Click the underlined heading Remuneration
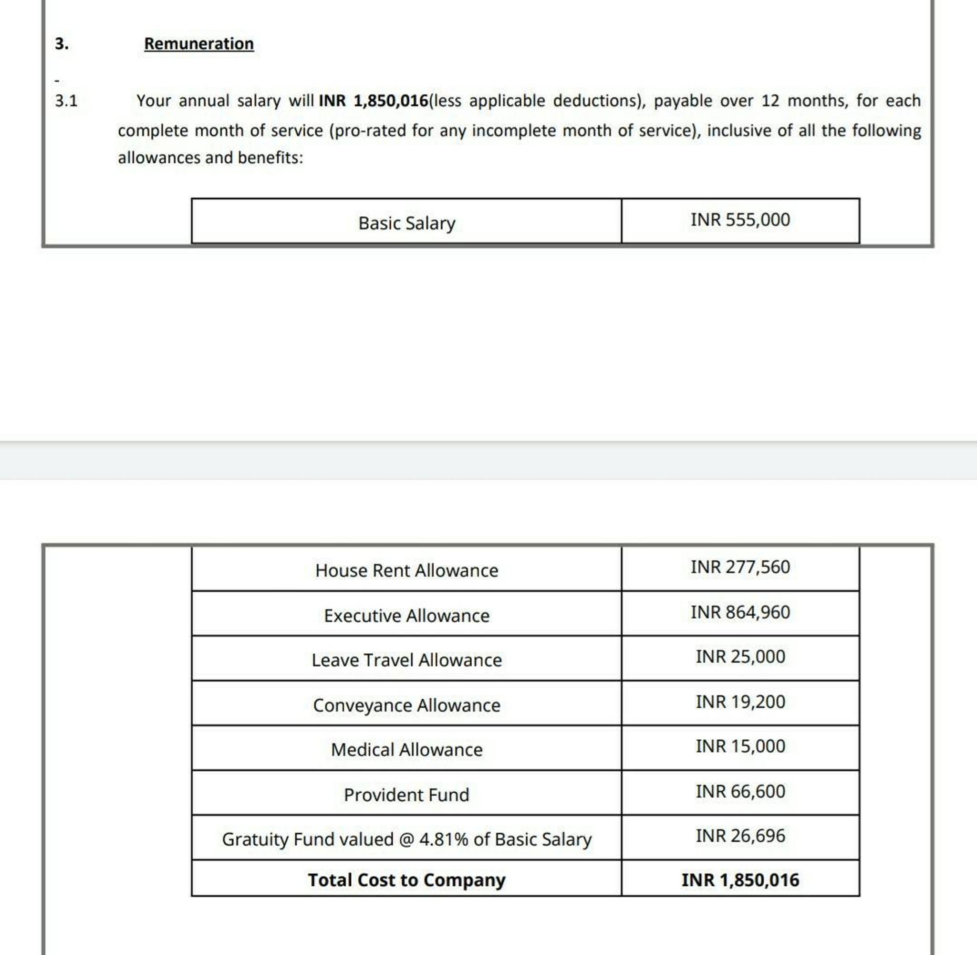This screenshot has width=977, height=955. point(199,43)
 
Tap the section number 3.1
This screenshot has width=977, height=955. point(66,101)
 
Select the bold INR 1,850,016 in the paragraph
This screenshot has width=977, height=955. point(374,101)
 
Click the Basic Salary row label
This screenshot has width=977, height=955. point(406,223)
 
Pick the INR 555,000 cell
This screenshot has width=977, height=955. point(740,220)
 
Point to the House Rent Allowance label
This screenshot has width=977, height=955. point(406,570)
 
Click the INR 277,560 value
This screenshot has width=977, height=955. point(740,567)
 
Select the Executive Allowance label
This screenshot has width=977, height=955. point(406,616)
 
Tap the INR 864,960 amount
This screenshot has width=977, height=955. point(740,612)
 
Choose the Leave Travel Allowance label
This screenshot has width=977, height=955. point(406,660)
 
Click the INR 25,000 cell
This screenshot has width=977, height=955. point(740,657)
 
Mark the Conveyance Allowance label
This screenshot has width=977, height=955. point(406,705)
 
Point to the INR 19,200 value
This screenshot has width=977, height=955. point(740,702)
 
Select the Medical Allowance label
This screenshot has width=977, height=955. point(406,749)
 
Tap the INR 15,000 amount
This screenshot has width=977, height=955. point(740,746)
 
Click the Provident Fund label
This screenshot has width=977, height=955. point(406,795)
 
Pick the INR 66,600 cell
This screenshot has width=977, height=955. point(740,791)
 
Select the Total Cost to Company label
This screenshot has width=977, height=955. point(406,880)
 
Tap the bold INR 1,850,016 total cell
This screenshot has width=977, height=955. point(740,880)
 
